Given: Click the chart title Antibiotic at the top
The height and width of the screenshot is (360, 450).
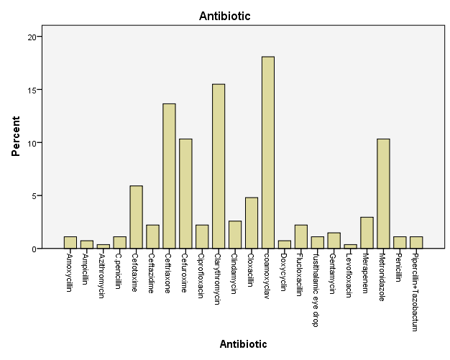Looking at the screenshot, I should [224, 15].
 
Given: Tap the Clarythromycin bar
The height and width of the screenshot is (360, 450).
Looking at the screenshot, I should [219, 166].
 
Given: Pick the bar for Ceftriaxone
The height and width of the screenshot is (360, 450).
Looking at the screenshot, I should [169, 176].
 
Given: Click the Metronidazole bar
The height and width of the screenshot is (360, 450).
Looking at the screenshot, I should [383, 193].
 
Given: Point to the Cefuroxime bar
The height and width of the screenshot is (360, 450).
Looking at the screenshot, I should [185, 193].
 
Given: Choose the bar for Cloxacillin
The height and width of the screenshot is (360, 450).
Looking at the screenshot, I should [252, 223].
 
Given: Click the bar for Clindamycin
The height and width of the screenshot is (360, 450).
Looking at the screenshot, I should [235, 234].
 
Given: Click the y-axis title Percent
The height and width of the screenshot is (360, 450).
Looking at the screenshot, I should [15, 136].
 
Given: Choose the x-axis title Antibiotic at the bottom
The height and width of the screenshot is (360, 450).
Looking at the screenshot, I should [243, 344].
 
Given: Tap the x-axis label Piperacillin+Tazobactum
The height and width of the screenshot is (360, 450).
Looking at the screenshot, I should [415, 292].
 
